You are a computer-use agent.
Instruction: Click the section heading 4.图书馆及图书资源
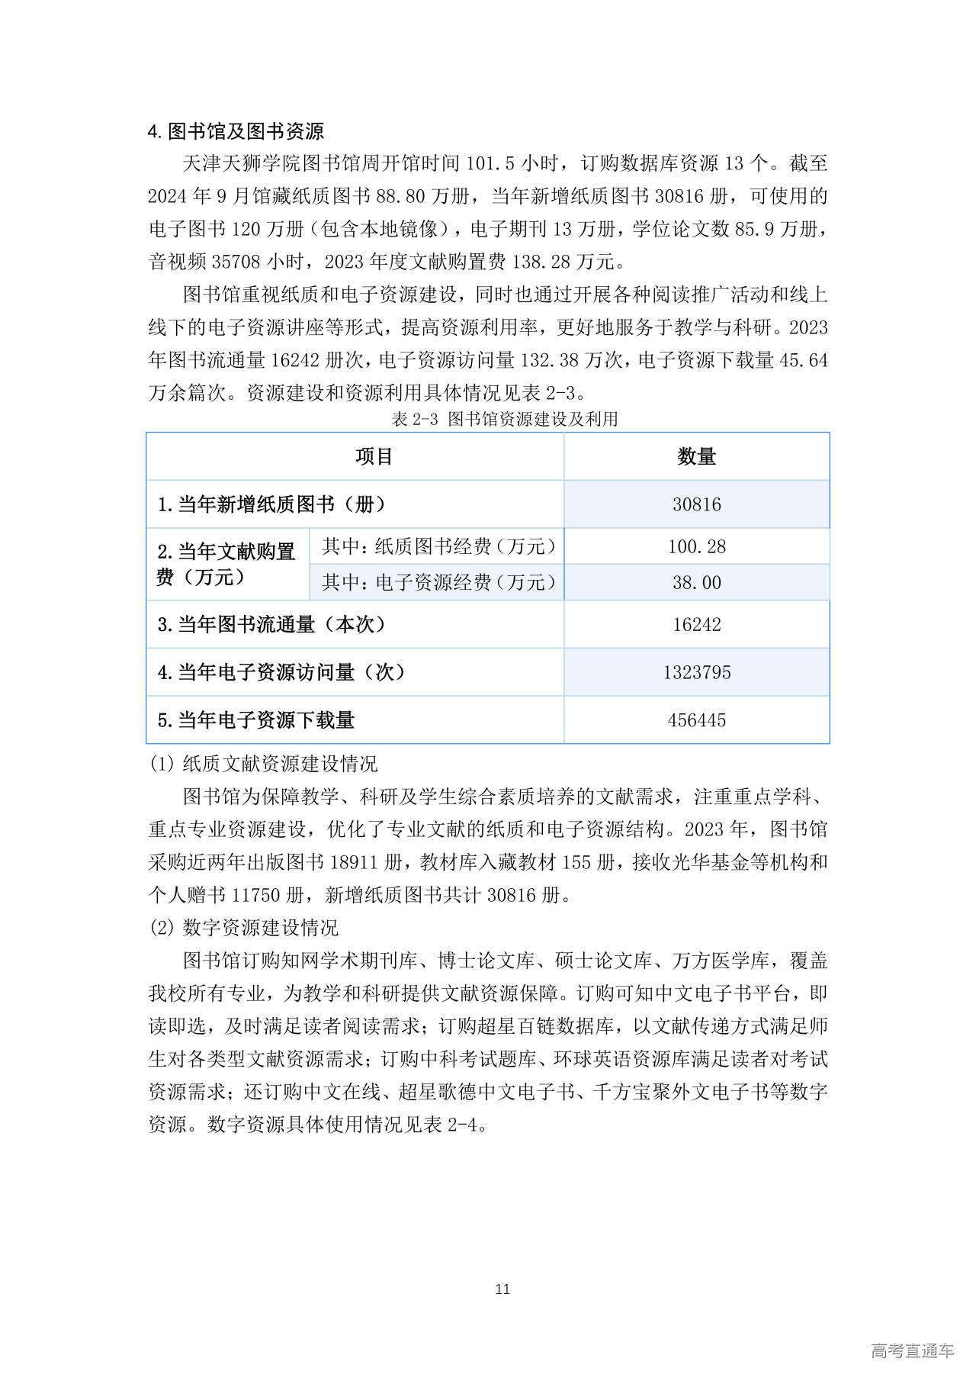[236, 131]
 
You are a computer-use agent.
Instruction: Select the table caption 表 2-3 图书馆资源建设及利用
[504, 419]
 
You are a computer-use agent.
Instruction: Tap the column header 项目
[374, 456]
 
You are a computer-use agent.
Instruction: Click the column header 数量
[696, 456]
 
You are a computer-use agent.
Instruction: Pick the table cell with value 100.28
[696, 546]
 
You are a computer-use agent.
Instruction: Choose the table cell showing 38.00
[696, 582]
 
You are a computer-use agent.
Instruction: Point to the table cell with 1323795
[696, 672]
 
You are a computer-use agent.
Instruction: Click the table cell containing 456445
[696, 719]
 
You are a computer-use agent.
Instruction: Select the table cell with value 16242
[696, 624]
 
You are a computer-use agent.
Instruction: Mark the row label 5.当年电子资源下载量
[256, 719]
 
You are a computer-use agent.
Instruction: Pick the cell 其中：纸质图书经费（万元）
[438, 546]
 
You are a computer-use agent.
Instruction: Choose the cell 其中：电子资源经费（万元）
[438, 582]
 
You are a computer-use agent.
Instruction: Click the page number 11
[502, 1289]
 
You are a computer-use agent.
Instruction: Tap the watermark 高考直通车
[912, 1350]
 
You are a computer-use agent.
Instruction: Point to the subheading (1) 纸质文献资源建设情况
[263, 764]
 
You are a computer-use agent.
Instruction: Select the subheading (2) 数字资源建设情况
[243, 928]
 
